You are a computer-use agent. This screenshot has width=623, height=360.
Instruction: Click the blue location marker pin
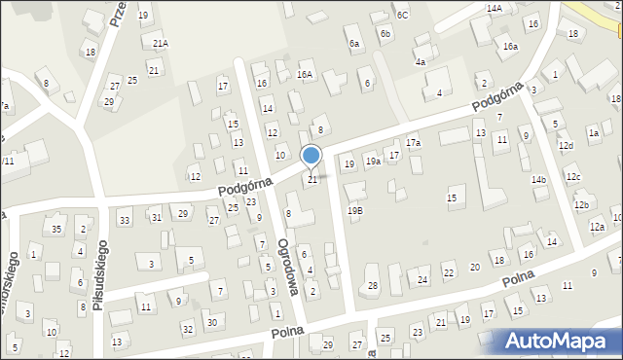tap(311, 156)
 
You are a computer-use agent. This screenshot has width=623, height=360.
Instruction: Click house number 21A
tap(161, 44)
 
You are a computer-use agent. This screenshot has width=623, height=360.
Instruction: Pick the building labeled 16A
tap(306, 74)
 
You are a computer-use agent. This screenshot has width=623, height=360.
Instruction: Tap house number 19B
tap(355, 210)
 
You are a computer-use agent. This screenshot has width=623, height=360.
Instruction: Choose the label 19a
tap(373, 162)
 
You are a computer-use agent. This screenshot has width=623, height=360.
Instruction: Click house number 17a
tap(414, 143)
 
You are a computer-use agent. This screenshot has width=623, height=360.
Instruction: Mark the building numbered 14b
tap(538, 180)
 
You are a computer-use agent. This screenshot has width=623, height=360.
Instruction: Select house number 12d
tap(566, 146)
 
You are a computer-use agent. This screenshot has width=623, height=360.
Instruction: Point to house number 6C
tap(402, 15)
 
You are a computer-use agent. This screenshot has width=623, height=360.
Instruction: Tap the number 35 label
tap(56, 230)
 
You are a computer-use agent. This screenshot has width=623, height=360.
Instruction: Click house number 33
tap(125, 221)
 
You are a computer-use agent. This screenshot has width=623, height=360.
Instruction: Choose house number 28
tap(372, 285)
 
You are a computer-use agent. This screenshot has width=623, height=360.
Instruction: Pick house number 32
tap(188, 330)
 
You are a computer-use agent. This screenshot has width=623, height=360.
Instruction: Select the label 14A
tap(495, 8)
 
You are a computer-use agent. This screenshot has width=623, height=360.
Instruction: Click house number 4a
tap(421, 61)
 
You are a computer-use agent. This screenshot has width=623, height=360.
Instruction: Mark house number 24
tap(422, 280)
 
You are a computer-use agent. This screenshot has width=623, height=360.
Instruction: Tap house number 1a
tap(593, 132)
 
